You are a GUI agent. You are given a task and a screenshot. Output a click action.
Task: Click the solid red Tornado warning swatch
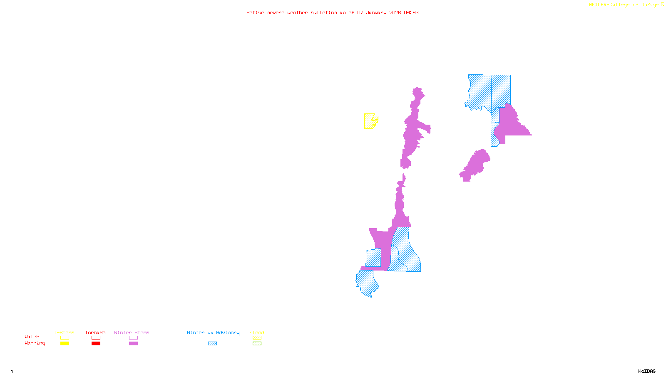[96, 343]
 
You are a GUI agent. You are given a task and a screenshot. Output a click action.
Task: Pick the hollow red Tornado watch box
[96, 338]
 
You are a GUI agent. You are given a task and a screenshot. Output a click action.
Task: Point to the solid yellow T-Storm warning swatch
[65, 343]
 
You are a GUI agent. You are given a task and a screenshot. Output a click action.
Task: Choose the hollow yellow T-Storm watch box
[65, 338]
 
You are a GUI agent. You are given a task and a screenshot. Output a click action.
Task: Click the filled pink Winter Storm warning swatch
[133, 343]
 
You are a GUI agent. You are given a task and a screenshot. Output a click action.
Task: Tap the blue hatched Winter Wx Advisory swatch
[212, 343]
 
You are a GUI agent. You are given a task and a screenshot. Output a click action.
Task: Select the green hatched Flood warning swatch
[257, 343]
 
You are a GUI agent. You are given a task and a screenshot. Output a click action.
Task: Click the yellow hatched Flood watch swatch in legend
[257, 338]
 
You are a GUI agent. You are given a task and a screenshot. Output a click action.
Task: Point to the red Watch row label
[32, 337]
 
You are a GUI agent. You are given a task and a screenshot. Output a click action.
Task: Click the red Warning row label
[35, 343]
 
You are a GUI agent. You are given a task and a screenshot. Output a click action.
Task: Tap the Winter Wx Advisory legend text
[213, 332]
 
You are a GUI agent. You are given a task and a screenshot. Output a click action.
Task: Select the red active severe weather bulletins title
[332, 12]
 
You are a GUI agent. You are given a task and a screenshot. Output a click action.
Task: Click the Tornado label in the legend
[95, 332]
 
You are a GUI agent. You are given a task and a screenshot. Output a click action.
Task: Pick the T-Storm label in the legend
[64, 332]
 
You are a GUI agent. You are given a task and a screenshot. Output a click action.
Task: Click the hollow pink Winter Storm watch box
[133, 338]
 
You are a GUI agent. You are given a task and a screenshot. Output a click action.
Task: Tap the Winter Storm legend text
[132, 332]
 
